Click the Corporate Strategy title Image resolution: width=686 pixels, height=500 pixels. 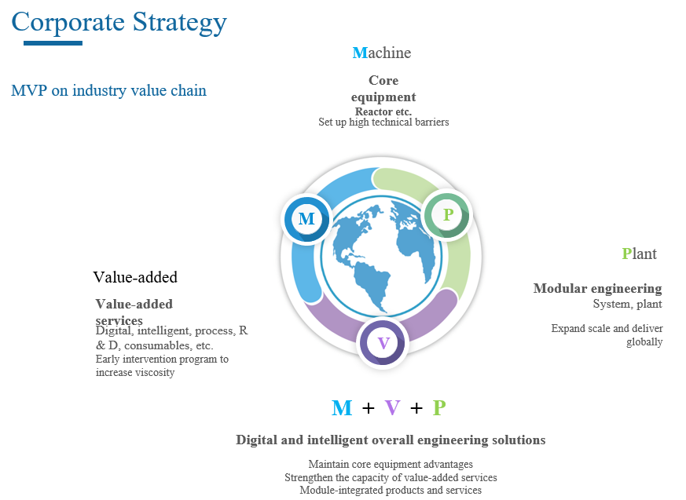[x=119, y=22]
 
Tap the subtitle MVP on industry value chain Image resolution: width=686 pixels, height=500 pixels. [x=108, y=90]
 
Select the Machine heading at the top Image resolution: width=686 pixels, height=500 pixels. [x=382, y=53]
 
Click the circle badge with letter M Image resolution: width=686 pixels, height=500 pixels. [x=306, y=218]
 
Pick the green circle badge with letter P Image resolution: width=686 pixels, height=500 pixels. [x=447, y=214]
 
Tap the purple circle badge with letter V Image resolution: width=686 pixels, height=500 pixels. [x=383, y=343]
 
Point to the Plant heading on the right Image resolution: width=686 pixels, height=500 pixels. [x=639, y=254]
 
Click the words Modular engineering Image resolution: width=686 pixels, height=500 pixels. [x=597, y=288]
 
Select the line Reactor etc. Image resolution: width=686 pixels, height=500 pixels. [x=383, y=111]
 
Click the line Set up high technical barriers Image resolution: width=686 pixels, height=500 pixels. [x=383, y=122]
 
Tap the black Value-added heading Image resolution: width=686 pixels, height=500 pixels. [x=135, y=277]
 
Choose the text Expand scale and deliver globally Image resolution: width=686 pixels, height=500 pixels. [x=607, y=335]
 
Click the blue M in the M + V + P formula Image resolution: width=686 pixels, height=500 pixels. [x=342, y=408]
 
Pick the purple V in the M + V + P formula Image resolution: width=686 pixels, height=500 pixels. [x=392, y=408]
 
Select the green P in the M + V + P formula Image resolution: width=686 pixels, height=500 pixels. [x=439, y=408]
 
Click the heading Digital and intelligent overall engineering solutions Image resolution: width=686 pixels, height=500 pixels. [x=391, y=440]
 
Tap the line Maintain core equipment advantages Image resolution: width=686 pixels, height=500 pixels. [x=391, y=464]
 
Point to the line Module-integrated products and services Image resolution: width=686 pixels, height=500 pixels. [x=391, y=490]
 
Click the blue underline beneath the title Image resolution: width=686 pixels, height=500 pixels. [x=53, y=43]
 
